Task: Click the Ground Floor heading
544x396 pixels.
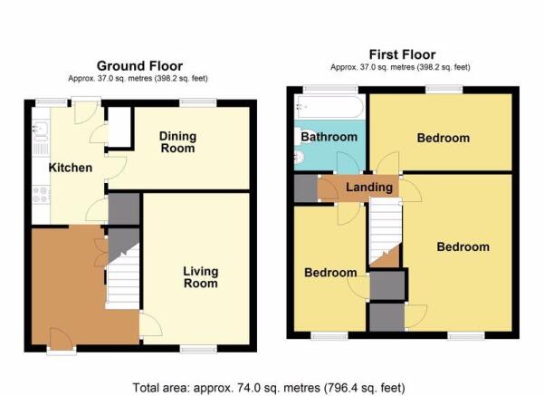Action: point(139,66)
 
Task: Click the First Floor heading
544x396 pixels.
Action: point(402,54)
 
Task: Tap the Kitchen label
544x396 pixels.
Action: point(71,168)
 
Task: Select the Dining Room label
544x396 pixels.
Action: point(177,142)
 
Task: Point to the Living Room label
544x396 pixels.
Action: point(201,277)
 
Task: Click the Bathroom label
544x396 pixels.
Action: point(329,137)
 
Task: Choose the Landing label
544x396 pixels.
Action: point(369,188)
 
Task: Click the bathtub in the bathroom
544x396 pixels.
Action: point(329,107)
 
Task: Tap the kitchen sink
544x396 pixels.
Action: point(41,130)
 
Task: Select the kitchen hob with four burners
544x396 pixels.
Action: point(41,195)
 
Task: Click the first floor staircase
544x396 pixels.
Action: point(385,231)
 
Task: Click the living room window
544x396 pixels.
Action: point(198,349)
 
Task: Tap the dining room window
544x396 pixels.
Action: point(198,102)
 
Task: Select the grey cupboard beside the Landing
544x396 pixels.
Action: point(306,188)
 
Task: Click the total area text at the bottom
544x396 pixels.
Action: point(269,387)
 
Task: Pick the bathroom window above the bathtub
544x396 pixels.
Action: point(330,90)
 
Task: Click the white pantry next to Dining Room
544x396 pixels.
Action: point(119,127)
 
